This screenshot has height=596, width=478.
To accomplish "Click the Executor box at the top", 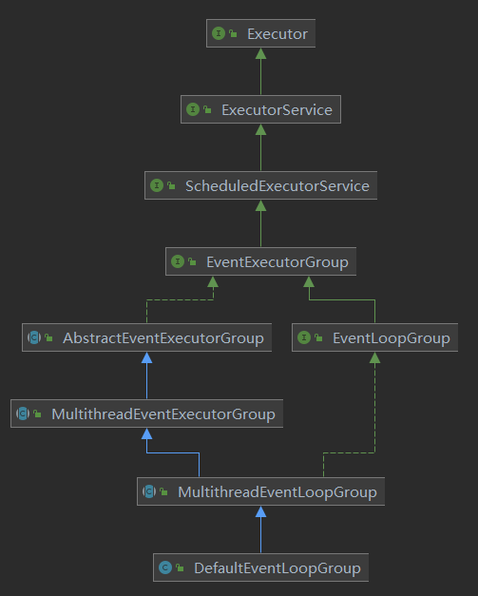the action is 260,33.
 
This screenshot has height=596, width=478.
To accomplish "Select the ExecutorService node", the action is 260,109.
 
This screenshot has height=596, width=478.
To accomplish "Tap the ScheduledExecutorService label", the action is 277,186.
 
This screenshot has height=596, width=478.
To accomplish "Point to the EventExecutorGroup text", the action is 277,262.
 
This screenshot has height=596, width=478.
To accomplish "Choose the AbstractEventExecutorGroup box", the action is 146,337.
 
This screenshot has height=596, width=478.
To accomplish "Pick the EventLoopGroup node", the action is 374,337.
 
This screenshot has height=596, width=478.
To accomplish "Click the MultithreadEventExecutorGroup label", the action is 163,413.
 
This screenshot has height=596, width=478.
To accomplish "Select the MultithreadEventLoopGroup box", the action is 260,491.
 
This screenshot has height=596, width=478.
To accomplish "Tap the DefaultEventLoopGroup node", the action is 260,567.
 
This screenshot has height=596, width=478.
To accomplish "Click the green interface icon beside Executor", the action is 219,33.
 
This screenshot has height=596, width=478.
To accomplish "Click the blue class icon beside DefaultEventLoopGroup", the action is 165,567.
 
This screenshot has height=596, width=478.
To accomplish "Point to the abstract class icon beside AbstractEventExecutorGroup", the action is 34,337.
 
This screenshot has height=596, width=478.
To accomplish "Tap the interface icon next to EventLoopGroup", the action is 304,337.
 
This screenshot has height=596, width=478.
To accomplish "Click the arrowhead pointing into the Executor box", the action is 260,53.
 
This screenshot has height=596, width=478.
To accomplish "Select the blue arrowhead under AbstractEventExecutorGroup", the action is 146,357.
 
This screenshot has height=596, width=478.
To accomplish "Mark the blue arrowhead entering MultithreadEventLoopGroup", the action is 260,511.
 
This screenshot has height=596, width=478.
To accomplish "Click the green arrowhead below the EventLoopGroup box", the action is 374,357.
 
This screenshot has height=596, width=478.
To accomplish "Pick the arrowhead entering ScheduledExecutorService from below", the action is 260,205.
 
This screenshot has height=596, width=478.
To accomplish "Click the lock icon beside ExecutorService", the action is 207,109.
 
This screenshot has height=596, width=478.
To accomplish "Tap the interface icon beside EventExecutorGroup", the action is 178,261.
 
